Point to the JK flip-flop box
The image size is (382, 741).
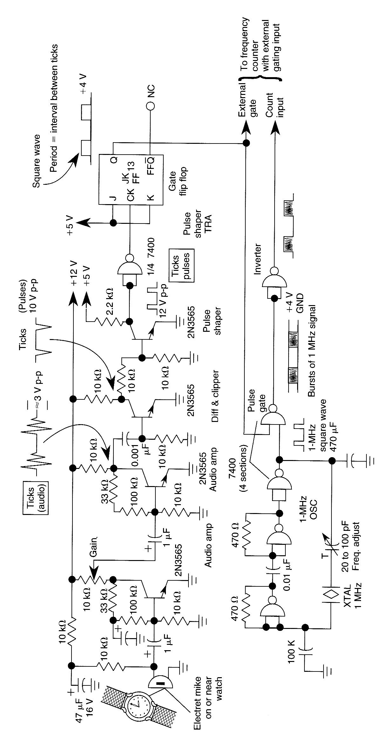pos(131,180)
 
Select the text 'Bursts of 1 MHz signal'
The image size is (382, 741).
pos(312,351)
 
